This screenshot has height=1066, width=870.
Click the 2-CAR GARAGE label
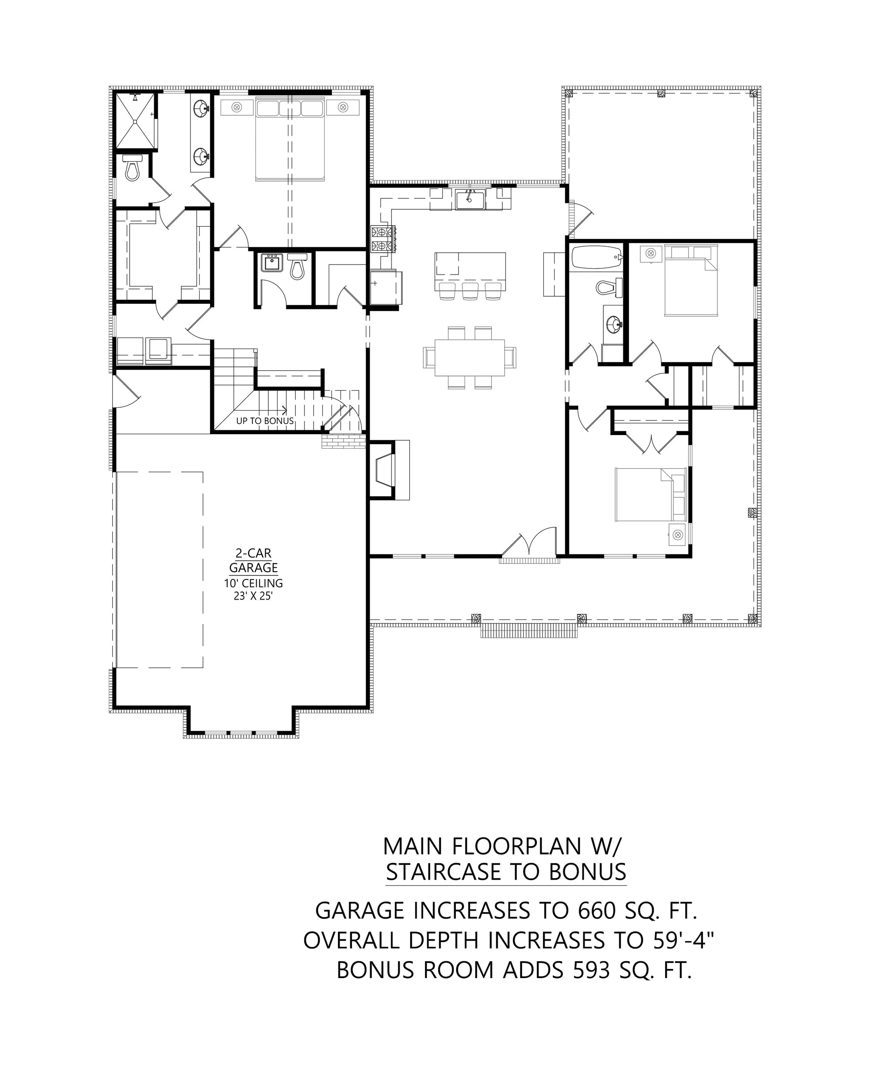[x=253, y=560]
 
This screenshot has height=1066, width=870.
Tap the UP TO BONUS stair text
[x=264, y=421]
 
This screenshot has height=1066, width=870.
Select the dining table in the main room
[x=469, y=357]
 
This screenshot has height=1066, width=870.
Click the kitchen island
[x=469, y=271]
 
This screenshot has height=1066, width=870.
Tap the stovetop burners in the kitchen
[x=383, y=239]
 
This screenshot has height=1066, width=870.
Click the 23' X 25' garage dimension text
[x=253, y=597]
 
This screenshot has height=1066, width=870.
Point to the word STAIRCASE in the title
[x=445, y=872]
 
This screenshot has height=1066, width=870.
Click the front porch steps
[x=529, y=631]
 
